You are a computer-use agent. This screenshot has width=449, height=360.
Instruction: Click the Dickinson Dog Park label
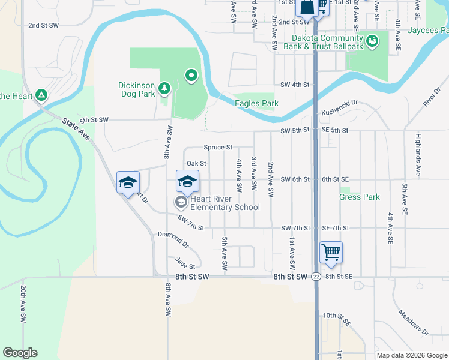[x=136, y=89]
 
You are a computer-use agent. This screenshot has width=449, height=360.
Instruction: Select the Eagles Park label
[x=256, y=103]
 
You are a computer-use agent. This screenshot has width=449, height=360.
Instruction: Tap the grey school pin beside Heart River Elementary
[x=181, y=202]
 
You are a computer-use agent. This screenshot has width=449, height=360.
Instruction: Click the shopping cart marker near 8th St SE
[x=331, y=253]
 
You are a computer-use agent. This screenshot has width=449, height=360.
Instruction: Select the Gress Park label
[x=359, y=197]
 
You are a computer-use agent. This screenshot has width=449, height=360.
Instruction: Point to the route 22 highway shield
[x=316, y=277]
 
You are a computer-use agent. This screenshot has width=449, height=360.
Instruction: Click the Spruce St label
[x=218, y=147]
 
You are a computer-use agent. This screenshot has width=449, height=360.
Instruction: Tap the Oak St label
[x=196, y=163]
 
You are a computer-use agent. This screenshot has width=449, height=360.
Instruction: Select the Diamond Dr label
[x=173, y=240]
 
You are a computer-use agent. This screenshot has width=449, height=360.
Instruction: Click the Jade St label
[x=185, y=263]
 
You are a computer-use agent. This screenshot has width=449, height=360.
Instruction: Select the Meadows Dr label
[x=412, y=322]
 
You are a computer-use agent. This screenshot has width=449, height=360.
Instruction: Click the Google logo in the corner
[x=20, y=353]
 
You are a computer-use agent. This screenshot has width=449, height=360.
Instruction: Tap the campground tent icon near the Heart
[x=41, y=95]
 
